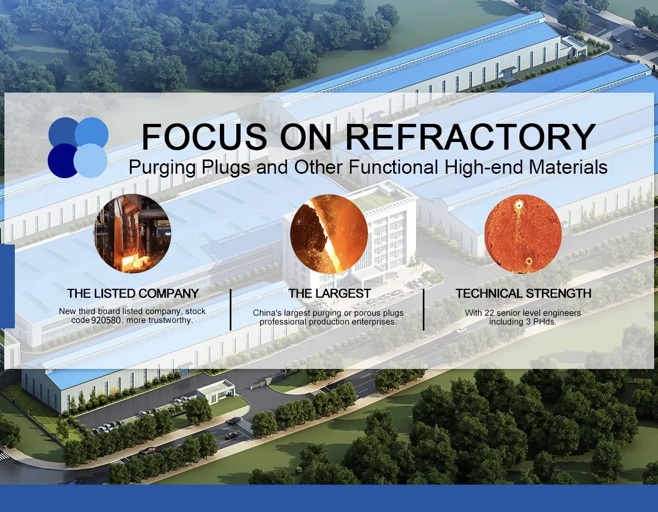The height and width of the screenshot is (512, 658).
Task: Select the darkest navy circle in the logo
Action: [63, 161]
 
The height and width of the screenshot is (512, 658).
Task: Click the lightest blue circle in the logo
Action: [90, 161]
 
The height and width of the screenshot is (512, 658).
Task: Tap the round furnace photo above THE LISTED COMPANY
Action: [133, 233]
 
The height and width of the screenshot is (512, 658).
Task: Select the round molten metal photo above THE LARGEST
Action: [329, 233]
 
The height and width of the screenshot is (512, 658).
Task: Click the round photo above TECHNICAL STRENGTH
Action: [523, 233]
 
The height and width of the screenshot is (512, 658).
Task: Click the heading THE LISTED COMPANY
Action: [133, 293]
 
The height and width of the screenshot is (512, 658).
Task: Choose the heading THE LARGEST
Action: [330, 293]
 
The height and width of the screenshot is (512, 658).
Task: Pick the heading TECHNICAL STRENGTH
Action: [523, 293]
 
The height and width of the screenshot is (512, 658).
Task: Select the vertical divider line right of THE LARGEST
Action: [423, 310]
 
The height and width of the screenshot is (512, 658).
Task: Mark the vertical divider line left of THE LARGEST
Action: [230, 310]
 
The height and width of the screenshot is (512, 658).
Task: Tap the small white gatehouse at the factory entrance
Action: [215, 391]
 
